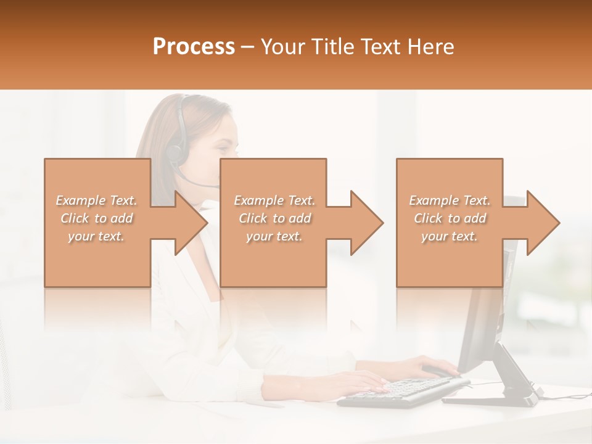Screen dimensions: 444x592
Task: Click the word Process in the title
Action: [194, 47]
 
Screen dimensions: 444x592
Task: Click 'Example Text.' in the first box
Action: [96, 200]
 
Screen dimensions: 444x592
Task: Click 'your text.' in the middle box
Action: [274, 236]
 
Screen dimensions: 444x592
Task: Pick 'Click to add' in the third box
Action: [450, 218]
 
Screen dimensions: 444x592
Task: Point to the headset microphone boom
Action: [200, 183]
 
